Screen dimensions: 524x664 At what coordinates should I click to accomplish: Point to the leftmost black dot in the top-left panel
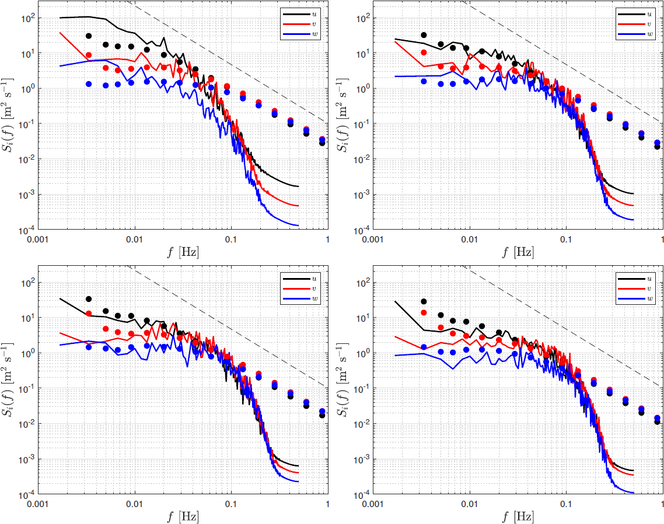coord(89,36)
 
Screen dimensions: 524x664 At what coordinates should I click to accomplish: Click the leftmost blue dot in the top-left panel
coord(89,84)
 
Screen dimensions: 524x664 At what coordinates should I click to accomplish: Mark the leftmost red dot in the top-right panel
coord(424,52)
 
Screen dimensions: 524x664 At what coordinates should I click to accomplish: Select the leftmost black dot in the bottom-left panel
coord(89,299)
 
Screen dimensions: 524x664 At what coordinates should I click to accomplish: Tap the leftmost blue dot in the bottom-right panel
coord(424,347)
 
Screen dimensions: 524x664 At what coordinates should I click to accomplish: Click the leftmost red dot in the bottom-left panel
coord(89,314)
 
